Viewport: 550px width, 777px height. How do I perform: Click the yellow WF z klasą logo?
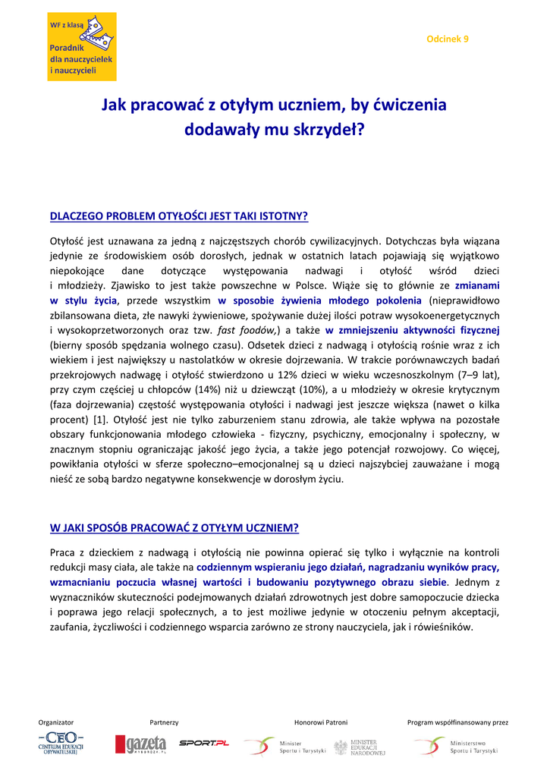(82, 46)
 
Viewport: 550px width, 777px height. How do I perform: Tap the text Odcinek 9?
(448, 38)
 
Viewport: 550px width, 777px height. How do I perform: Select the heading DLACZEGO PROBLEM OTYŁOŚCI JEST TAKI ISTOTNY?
(178, 215)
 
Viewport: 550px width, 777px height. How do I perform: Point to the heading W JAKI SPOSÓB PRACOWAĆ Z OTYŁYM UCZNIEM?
(174, 527)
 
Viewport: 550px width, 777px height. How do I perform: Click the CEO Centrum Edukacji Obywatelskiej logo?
(61, 744)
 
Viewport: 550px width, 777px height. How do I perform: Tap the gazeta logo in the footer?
(140, 745)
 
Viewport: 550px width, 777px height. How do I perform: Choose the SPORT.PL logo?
(203, 743)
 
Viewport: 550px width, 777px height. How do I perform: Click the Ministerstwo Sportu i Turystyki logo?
(456, 747)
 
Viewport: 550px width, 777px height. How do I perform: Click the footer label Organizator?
(56, 722)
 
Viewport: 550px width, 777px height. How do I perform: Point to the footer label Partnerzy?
(164, 722)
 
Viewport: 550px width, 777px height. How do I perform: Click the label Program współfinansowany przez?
(457, 722)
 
